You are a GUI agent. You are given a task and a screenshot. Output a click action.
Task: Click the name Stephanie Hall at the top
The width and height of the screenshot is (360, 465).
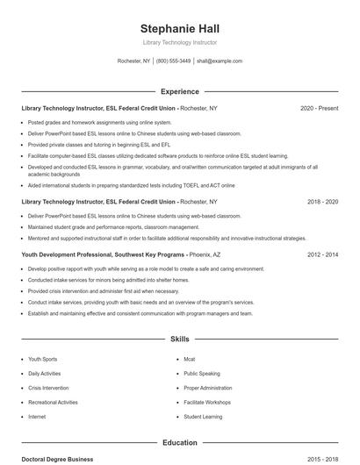point(179,27)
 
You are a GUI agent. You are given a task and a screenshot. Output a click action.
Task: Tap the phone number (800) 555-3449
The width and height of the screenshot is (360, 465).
point(173,61)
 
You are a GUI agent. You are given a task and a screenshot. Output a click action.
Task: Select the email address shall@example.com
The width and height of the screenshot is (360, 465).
point(219,61)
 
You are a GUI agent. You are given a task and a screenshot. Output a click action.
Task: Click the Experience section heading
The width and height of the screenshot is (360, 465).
point(179,91)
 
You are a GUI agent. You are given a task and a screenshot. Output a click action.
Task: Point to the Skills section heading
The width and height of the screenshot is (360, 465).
point(179,339)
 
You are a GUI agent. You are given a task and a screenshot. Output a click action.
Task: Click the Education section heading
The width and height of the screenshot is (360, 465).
point(179,443)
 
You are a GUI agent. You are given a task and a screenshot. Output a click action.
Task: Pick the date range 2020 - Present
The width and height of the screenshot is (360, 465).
point(319,108)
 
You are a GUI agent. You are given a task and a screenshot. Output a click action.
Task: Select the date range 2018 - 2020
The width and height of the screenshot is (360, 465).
point(322,201)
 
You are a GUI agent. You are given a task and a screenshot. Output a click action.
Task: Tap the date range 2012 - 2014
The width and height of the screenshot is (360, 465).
point(322,254)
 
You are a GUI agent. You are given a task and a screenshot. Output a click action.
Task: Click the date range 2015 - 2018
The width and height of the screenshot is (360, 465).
point(322,459)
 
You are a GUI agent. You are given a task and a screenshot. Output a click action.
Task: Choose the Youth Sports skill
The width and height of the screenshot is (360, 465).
point(42,359)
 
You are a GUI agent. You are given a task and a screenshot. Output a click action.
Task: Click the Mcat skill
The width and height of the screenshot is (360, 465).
point(189,359)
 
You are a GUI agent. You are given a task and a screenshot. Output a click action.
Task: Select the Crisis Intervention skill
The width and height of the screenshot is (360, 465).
point(47,388)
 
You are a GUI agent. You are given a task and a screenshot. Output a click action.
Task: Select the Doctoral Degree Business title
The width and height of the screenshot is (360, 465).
point(57,459)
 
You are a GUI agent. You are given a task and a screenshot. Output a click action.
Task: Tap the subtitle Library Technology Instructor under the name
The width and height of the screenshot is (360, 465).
point(179,42)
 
